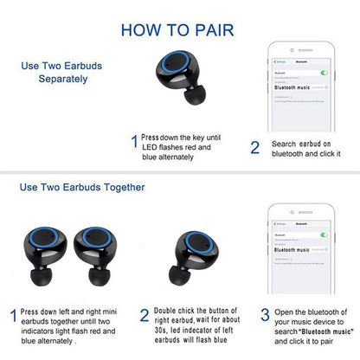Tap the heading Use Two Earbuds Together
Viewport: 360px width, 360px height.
tap(82, 186)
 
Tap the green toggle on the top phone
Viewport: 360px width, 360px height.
tap(324, 73)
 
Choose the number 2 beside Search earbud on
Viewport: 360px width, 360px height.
tap(254, 147)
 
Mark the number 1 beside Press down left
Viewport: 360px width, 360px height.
tap(12, 317)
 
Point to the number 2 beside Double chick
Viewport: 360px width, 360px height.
tap(144, 317)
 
